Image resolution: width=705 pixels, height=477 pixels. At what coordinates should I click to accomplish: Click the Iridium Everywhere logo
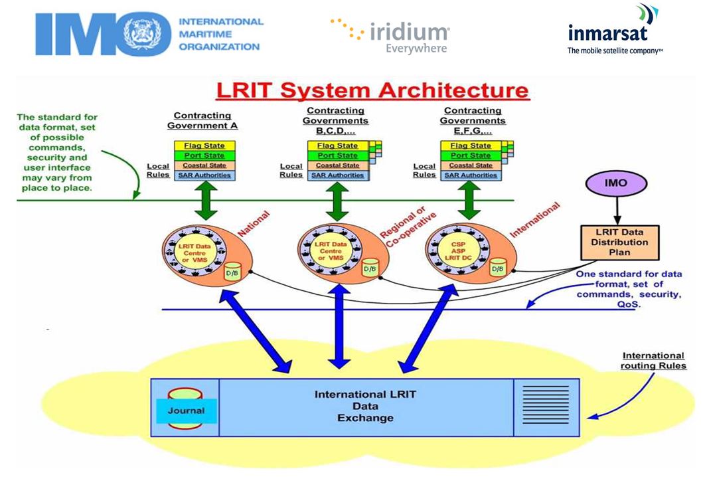390,35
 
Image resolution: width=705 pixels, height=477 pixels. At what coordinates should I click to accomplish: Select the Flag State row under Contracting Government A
204,145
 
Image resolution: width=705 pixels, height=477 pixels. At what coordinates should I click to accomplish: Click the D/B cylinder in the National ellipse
232,272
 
